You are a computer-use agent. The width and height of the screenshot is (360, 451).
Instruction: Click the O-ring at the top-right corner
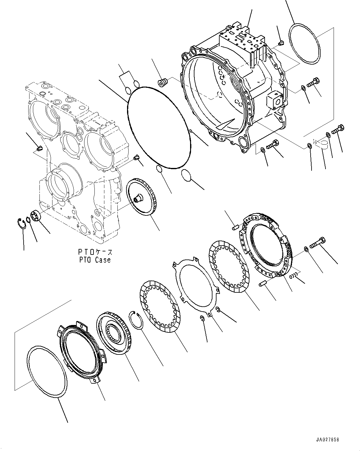pyautogui.click(x=304, y=43)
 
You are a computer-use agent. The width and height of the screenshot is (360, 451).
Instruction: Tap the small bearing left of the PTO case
pyautogui.click(x=36, y=216)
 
